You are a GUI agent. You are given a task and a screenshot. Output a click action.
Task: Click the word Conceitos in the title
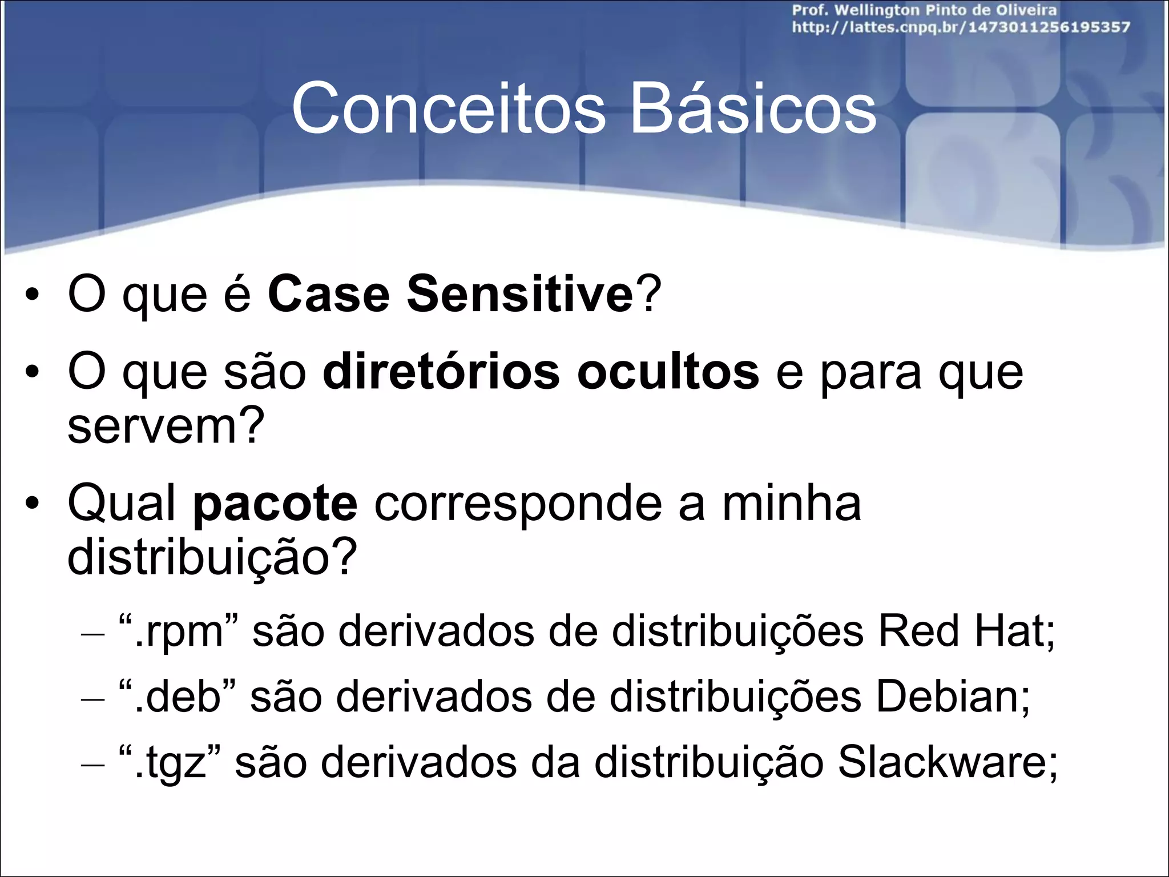tap(448, 108)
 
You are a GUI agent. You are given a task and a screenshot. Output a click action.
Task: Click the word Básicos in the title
tap(752, 108)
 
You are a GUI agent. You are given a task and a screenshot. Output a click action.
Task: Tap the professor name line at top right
tap(924, 10)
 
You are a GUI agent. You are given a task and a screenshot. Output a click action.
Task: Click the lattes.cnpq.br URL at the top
tap(960, 27)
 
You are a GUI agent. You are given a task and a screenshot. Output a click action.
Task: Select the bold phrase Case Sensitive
tap(450, 295)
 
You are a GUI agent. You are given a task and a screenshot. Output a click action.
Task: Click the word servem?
tap(166, 426)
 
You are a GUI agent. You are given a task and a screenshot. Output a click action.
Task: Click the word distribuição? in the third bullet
tap(212, 557)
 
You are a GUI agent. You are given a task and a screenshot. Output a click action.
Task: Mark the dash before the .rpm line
tap(93, 634)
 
